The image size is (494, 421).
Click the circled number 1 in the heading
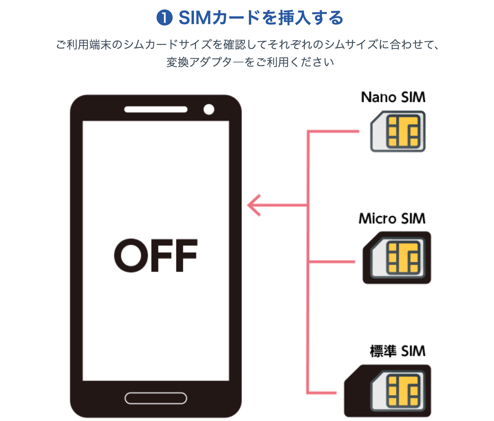pyautogui.click(x=164, y=18)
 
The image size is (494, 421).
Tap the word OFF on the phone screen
pyautogui.click(x=156, y=255)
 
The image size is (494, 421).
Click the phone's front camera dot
pyautogui.click(x=209, y=109)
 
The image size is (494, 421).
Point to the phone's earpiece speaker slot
pyautogui.click(x=156, y=109)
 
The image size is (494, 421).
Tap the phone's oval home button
pyautogui.click(x=156, y=398)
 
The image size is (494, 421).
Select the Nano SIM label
pyautogui.click(x=393, y=97)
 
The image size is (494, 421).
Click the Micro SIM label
pyautogui.click(x=392, y=218)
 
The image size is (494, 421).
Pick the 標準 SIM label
pyautogui.click(x=397, y=351)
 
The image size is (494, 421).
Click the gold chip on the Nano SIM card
pyautogui.click(x=403, y=132)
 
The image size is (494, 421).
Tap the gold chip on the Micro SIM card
pyautogui.click(x=403, y=258)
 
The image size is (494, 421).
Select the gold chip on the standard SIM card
pyautogui.click(x=403, y=391)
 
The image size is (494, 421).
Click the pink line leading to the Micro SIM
pyautogui.click(x=332, y=262)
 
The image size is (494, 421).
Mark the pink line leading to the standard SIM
pyautogui.click(x=322, y=393)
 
